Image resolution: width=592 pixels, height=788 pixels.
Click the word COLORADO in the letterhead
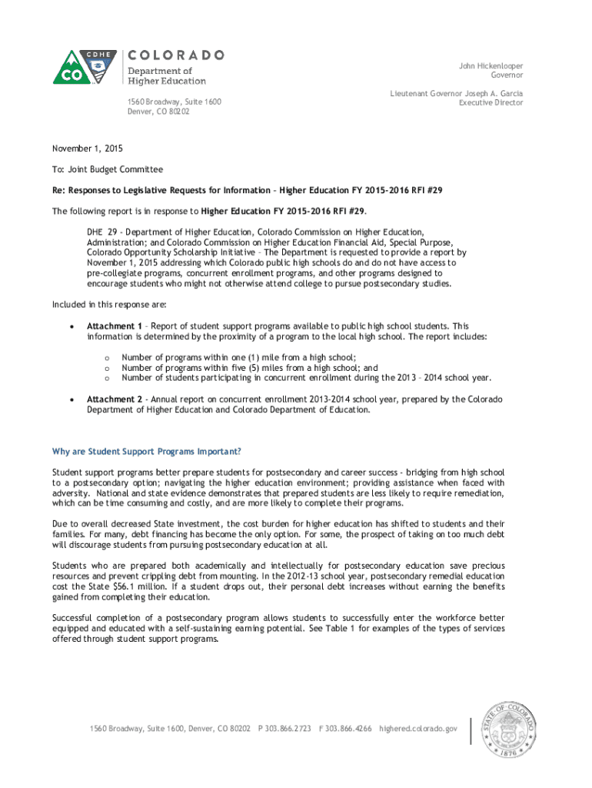[x=175, y=55]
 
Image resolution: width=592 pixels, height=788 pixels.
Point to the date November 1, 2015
[x=87, y=149]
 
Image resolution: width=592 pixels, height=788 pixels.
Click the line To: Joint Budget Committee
[x=107, y=169]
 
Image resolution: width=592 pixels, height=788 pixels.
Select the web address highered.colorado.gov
[x=418, y=728]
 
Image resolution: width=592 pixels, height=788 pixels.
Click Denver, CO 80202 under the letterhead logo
[x=158, y=112]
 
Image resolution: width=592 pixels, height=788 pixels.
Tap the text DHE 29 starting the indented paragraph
[x=101, y=232]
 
